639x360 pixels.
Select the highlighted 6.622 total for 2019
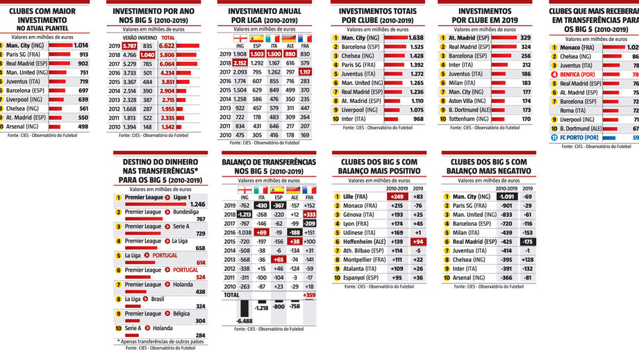tap(167, 45)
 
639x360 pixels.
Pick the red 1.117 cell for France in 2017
tap(305, 72)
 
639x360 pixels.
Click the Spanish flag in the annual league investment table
tap(257, 38)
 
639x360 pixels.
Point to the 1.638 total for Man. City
tap(415, 38)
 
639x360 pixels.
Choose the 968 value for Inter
tap(417, 119)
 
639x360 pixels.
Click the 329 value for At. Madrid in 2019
tap(525, 38)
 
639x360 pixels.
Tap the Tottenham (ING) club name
tap(469, 119)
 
